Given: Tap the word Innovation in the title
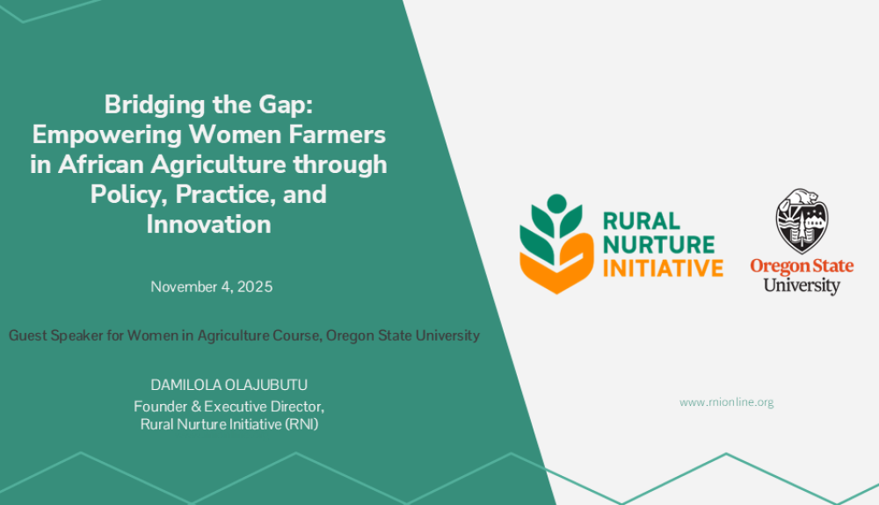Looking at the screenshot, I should [208, 223].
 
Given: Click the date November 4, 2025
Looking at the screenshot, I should [211, 286].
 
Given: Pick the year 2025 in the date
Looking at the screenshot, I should [256, 286].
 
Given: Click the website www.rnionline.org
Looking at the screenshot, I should [726, 402].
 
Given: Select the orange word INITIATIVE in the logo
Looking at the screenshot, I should [663, 267].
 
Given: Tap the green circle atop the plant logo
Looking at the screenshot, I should [556, 204].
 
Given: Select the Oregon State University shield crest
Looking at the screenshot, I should [801, 220].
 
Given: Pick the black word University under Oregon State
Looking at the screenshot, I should [801, 285].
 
